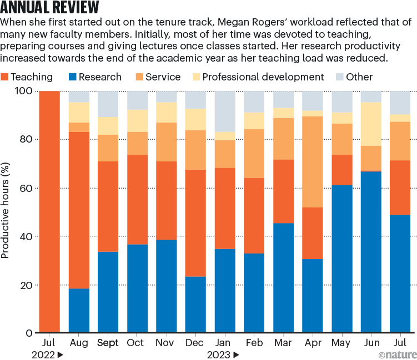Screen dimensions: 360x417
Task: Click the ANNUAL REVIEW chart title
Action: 51,8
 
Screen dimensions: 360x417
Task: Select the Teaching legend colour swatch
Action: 5,77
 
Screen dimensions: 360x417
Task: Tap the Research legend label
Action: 100,77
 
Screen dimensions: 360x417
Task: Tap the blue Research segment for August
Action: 79,311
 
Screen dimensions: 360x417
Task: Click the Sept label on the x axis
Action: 108,342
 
